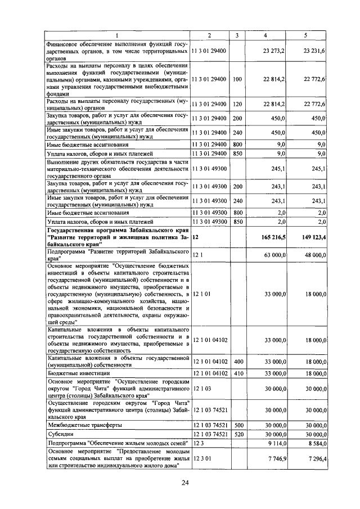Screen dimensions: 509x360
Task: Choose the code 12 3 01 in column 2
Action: point(202,458)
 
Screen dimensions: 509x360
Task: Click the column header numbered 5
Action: point(305,35)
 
